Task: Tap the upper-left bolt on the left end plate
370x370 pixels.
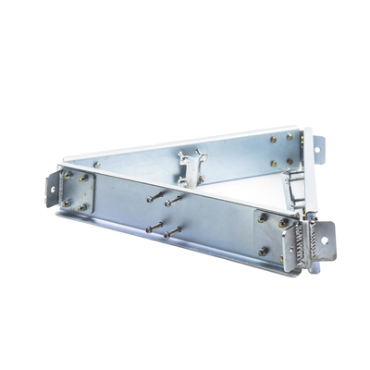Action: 66,175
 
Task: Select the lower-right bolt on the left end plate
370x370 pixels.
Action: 86,207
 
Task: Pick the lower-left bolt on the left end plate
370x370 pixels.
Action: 66,203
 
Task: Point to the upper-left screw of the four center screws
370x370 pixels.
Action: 150,196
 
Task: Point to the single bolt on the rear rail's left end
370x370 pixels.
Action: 96,165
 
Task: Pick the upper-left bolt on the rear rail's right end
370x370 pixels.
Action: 273,141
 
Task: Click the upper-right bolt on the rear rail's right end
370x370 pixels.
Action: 290,137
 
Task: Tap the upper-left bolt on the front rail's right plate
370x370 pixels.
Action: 263,219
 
